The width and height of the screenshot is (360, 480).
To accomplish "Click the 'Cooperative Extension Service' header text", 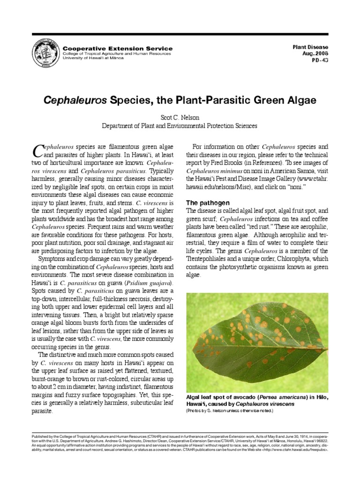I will click(118, 48).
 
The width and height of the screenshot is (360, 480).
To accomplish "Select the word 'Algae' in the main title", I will click(300, 100).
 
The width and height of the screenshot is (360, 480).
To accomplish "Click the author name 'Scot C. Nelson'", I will click(180, 117).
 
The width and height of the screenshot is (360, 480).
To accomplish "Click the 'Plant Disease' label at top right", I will click(310, 47).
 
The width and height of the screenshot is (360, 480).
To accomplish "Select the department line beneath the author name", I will click(180, 126).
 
